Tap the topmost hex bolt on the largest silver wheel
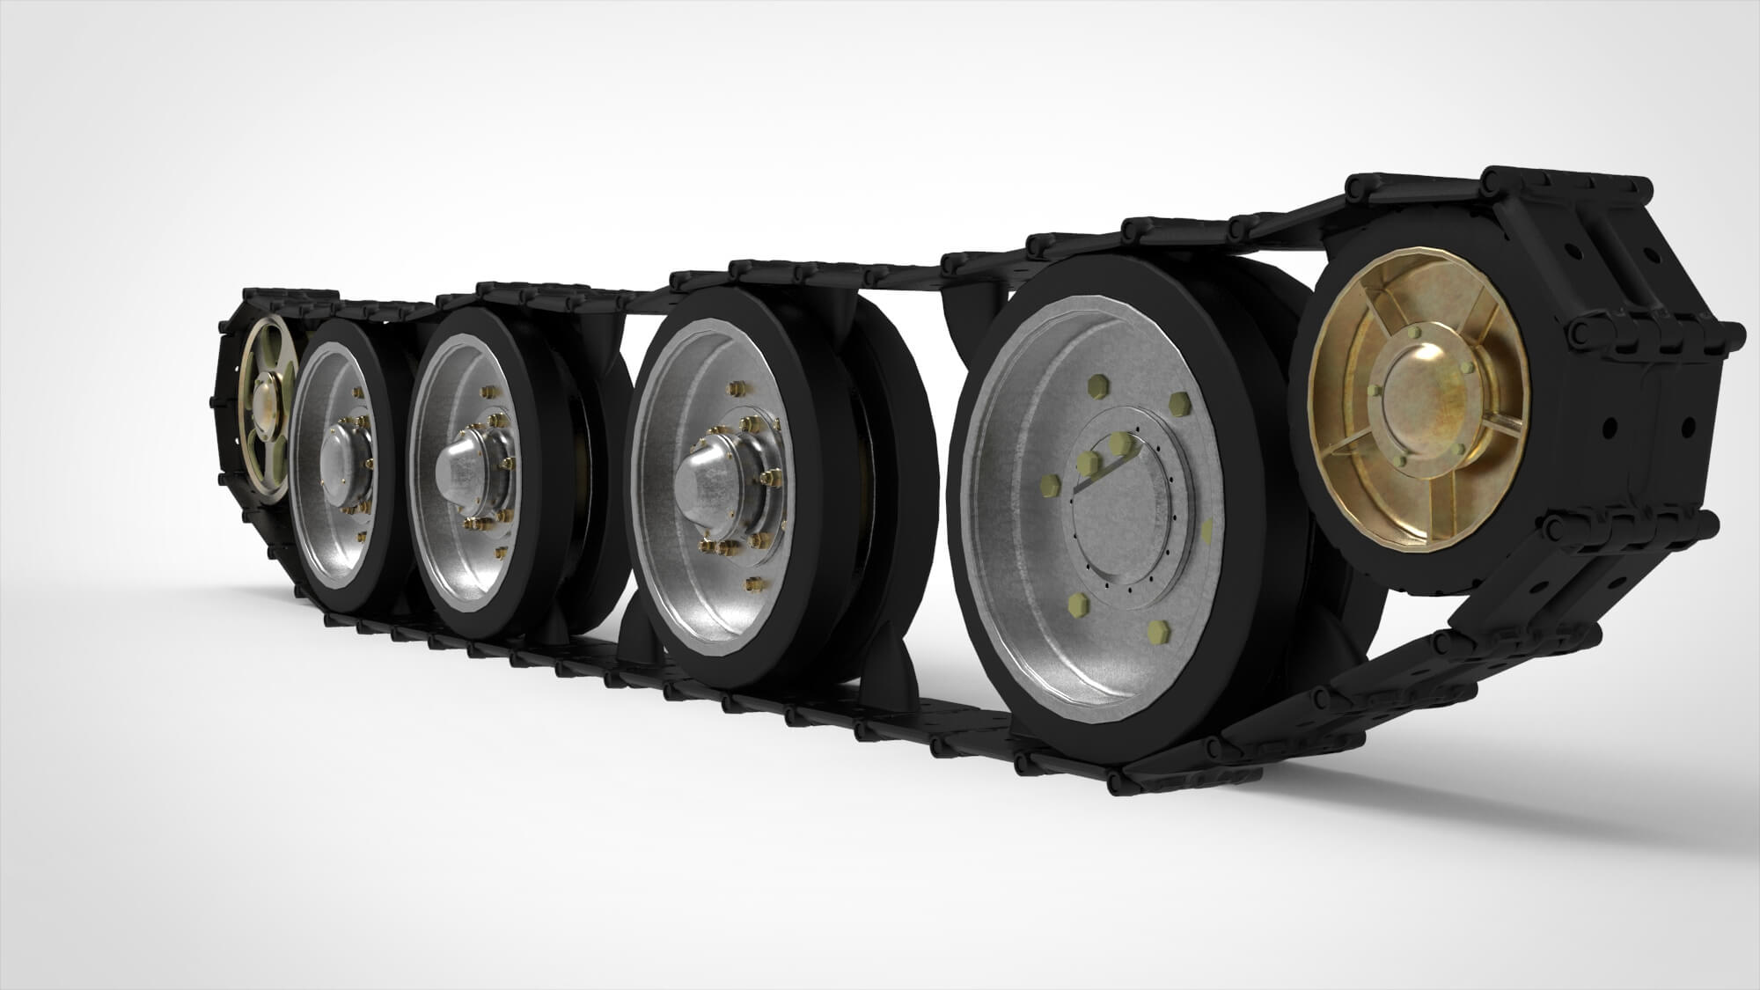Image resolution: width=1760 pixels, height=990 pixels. tap(1097, 385)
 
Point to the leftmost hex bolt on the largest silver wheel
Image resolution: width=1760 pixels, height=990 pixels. tap(1049, 485)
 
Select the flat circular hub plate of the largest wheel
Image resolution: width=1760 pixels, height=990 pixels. tap(1135, 511)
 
